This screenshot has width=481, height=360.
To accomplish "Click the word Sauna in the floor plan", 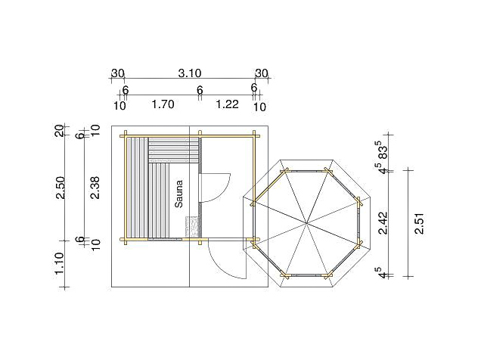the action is coord(178,194).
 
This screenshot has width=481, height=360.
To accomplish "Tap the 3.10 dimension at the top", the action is coord(190,73).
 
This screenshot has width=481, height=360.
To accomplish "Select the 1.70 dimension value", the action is coord(163,104).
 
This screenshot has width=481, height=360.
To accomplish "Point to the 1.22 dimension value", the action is coord(228,104).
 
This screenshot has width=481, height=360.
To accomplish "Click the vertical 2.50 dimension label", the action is coord(61,188).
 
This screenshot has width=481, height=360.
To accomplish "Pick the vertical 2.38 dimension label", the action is coord(95,188).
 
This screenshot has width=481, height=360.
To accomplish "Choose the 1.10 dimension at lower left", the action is coord(59,263).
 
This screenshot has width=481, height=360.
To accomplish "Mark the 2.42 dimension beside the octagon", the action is coord(383,223).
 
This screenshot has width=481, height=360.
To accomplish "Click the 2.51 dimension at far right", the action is coord(419,224).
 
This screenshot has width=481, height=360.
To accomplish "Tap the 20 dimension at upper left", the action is coord(59,130).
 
